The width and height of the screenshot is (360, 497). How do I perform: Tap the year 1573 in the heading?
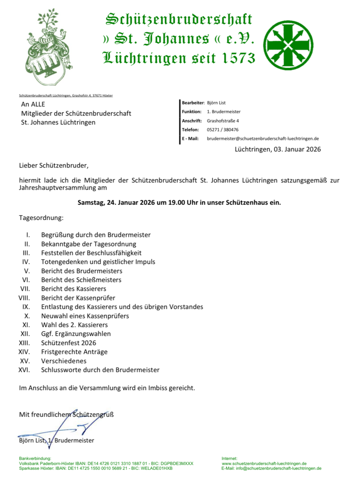232,58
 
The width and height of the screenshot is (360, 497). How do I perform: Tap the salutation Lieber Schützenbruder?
53,164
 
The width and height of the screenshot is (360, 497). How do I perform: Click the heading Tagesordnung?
41,217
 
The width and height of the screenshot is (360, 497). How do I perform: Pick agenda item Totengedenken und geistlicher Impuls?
98,262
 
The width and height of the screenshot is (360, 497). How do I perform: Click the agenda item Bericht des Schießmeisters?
81,280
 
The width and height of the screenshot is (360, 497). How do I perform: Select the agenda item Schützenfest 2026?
69,343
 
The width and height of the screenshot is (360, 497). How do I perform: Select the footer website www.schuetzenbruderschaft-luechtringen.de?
264,463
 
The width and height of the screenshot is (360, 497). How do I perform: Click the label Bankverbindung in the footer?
34,459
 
